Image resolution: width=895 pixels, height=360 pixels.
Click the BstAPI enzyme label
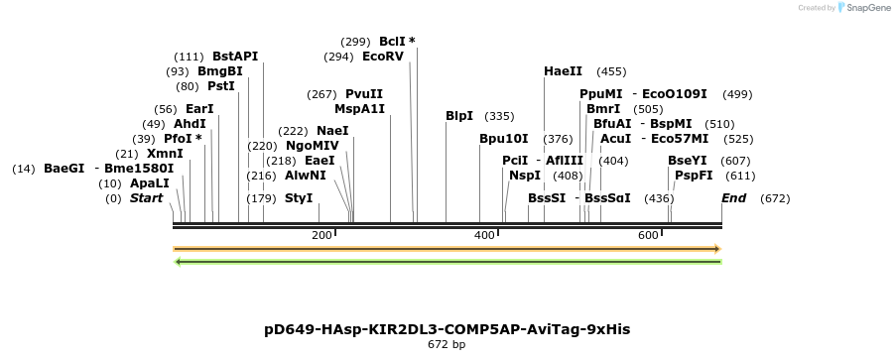[x=234, y=57]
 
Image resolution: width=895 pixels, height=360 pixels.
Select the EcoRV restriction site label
[x=383, y=57]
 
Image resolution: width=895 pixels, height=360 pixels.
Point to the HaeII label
[x=564, y=71]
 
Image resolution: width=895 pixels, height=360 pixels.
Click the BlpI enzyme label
[x=459, y=116]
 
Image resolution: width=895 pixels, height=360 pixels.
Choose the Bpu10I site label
[x=504, y=139]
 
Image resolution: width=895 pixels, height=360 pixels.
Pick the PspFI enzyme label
[x=694, y=176]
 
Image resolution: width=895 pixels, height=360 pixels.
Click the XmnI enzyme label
[x=165, y=154]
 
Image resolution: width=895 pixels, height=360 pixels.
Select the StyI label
[x=299, y=198]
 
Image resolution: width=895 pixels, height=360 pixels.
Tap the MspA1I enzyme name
[x=359, y=109]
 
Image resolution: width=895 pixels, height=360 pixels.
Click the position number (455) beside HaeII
[x=611, y=71]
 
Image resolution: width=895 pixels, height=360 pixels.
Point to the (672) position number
[x=775, y=198]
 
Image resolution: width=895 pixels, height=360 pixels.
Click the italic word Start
[x=146, y=198]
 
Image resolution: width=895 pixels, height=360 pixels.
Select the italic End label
[x=733, y=198]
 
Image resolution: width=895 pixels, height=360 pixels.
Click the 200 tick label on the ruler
[x=321, y=235]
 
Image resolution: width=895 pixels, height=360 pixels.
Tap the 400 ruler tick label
[x=484, y=235]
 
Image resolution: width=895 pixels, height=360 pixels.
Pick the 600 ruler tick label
[x=648, y=235]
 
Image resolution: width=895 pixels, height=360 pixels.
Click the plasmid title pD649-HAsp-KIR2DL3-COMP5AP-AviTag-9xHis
[x=447, y=328]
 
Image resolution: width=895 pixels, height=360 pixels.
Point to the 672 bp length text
[x=447, y=345]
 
